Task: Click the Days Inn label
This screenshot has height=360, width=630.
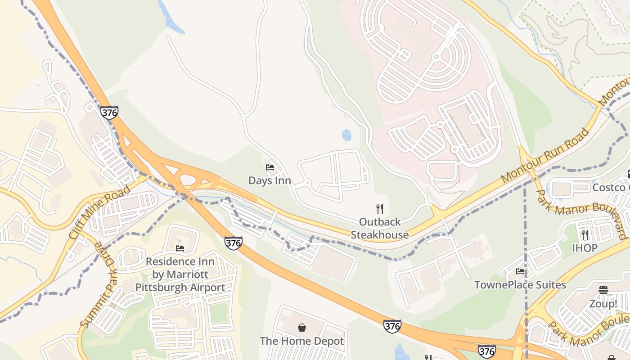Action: [270, 181]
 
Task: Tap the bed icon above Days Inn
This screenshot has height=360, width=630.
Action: [270, 167]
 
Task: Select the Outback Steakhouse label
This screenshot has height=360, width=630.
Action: [380, 228]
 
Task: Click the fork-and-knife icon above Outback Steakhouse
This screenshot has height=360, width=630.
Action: [380, 208]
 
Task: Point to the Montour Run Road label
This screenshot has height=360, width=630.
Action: [544, 155]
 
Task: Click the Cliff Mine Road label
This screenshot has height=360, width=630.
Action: [100, 211]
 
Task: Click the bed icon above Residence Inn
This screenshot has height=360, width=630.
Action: [180, 248]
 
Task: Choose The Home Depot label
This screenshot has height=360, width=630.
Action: [301, 341]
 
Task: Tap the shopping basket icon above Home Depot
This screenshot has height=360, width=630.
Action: [301, 328]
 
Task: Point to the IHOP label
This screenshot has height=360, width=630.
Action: [585, 248]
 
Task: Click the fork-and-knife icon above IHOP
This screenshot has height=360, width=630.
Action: [585, 234]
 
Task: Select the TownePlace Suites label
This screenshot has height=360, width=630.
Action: [520, 285]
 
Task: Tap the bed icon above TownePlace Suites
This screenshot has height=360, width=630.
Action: [520, 271]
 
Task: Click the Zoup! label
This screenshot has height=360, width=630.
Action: [603, 304]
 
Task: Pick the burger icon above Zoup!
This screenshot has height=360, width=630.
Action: [603, 290]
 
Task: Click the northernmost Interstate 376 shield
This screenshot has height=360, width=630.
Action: [109, 112]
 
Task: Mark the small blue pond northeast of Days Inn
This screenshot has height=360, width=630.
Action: [346, 135]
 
